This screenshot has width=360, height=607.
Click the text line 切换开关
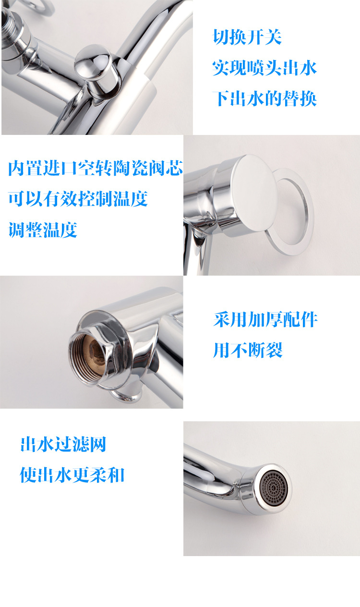[x=247, y=37]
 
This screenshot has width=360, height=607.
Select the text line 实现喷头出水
[x=264, y=68]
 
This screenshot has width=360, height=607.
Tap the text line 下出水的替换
[x=264, y=98]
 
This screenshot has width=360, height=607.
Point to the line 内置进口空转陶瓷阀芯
[x=96, y=168]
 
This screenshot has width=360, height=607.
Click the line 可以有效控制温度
[x=78, y=199]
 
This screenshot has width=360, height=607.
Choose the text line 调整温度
[x=43, y=230]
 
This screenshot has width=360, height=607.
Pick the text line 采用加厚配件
[x=265, y=319]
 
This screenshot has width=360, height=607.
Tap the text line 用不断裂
[x=248, y=350]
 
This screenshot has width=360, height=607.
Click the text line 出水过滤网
[x=63, y=444]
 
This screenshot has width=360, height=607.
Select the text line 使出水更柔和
[x=72, y=475]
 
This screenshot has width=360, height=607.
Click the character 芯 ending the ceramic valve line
[x=174, y=168]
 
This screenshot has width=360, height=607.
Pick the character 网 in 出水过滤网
[x=97, y=444]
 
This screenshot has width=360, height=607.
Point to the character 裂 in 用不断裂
[x=274, y=350]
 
